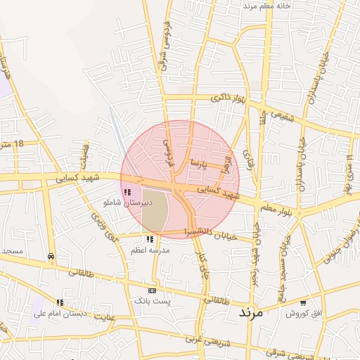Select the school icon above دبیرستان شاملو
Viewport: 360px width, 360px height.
(127, 192)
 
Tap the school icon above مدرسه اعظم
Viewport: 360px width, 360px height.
(149, 240)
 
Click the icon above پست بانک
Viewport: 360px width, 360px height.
(152, 290)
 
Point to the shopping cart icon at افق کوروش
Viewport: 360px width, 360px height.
(302, 303)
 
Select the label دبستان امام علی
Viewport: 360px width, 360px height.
(60, 314)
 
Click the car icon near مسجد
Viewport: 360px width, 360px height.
(51, 257)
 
